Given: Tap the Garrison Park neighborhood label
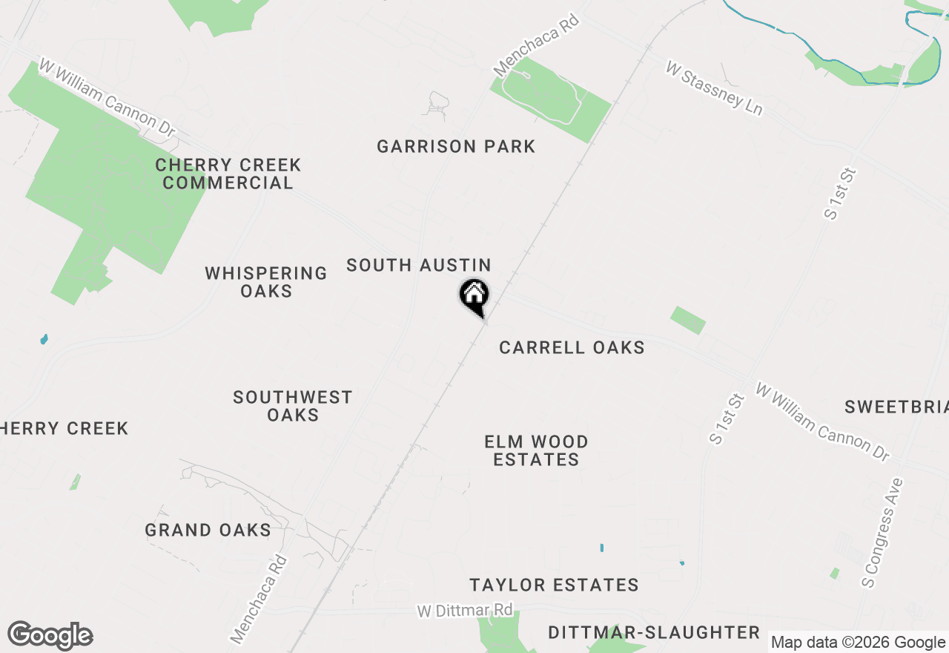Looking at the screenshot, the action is (x=456, y=146).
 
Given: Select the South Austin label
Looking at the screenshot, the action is (x=419, y=265).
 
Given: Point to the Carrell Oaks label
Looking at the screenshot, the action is (x=572, y=347).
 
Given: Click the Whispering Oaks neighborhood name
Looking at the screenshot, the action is (x=266, y=282).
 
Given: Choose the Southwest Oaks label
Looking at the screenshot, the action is (x=293, y=406).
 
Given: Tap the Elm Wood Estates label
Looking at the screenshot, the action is (x=536, y=450).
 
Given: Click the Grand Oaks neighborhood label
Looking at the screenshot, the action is (x=208, y=530).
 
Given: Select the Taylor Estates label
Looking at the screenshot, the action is (x=554, y=585).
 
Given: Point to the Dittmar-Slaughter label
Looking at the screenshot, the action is (x=654, y=632).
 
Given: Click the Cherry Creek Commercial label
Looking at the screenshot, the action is (x=228, y=174).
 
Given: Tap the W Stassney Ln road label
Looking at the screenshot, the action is (x=714, y=88).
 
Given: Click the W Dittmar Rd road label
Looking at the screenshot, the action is (x=465, y=611).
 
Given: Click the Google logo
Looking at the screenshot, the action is (x=50, y=636).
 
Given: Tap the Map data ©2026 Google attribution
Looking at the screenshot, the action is (x=858, y=643).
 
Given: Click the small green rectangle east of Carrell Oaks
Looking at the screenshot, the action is (x=688, y=320).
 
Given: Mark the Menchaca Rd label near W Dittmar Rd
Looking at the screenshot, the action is (x=258, y=599).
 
